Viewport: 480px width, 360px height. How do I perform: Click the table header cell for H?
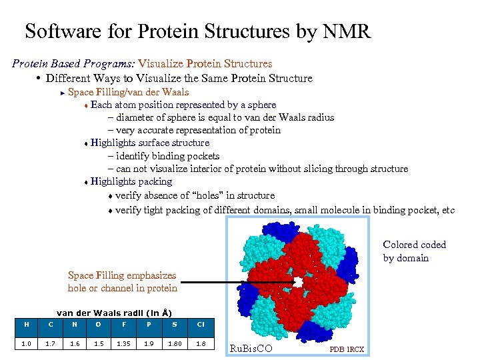[26, 325]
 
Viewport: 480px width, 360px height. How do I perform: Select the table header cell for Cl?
[201, 325]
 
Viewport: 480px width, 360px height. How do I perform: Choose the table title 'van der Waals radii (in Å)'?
[114, 313]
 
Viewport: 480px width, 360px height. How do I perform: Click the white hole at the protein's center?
[299, 283]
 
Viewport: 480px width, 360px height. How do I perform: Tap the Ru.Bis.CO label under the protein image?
[250, 348]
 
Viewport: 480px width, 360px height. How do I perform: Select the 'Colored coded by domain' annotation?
[414, 251]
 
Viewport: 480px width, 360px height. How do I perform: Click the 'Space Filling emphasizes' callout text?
[122, 275]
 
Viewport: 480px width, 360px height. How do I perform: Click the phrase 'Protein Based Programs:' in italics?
[73, 64]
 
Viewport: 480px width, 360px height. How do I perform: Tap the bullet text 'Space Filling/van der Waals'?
[128, 92]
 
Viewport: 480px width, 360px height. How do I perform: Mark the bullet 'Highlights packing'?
[131, 181]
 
